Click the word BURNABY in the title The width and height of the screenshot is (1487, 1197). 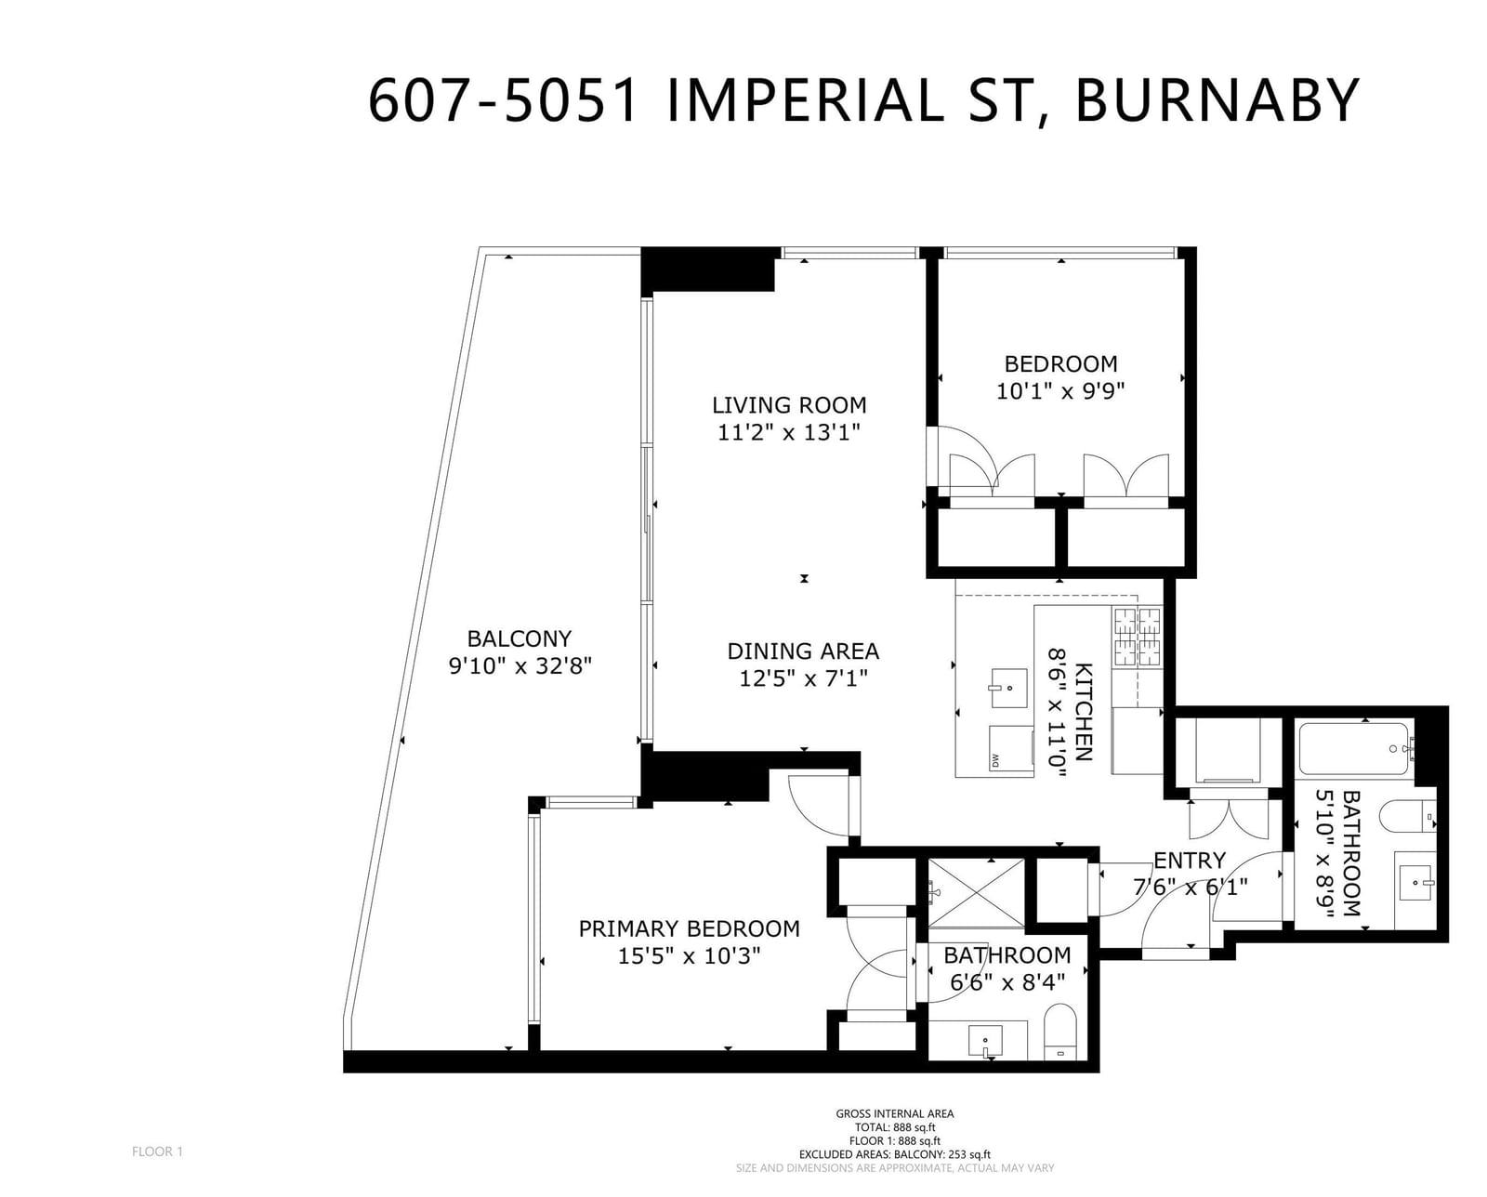1217,101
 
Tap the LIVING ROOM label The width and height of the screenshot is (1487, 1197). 789,405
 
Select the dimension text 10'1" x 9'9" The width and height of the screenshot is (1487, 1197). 1060,392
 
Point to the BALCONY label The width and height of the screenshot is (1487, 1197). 519,638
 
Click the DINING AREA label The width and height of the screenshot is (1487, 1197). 803,651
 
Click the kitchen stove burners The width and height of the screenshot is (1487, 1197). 1137,636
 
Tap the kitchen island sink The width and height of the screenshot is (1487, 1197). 1009,688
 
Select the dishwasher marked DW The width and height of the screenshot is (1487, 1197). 1011,747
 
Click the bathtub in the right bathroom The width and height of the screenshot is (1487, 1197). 1353,749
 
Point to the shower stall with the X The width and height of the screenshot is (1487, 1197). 976,892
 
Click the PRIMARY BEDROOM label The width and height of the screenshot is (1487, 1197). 689,928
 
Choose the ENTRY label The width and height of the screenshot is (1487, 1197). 1190,861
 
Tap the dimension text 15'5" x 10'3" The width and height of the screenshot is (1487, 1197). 689,956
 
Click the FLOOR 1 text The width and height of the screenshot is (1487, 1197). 158,1151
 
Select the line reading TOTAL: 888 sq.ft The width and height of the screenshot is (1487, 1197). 895,1127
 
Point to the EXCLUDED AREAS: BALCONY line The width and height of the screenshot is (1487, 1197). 895,1154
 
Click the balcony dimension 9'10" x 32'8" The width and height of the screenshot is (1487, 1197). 520,666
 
